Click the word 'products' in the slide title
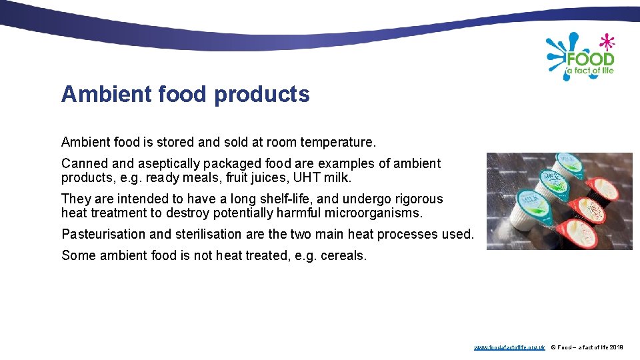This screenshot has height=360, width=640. click(x=262, y=95)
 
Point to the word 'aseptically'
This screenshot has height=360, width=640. click(x=173, y=163)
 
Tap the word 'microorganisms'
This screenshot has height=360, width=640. click(x=369, y=213)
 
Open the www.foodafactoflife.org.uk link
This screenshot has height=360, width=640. click(x=509, y=347)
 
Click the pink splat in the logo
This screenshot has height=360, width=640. click(x=606, y=42)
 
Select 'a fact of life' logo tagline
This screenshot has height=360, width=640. click(x=589, y=71)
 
